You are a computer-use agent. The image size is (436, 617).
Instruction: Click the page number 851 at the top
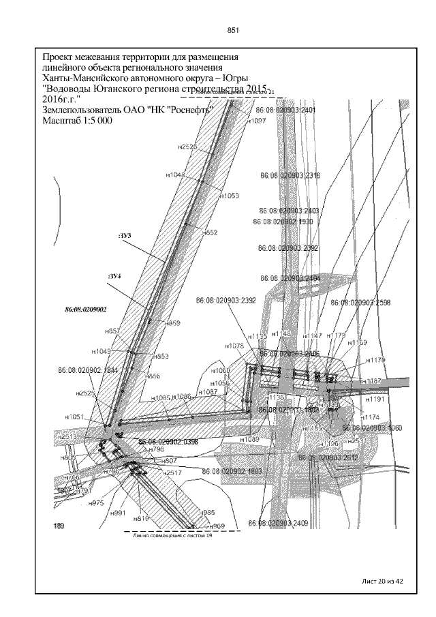click(x=232, y=30)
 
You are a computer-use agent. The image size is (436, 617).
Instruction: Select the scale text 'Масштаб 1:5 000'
click(x=77, y=121)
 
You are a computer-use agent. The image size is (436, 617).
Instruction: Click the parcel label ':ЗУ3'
click(x=124, y=235)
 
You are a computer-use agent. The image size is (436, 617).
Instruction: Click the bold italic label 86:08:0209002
click(x=86, y=309)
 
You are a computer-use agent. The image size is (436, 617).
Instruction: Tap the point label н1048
click(x=176, y=175)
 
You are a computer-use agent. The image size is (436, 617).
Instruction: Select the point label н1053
click(x=229, y=196)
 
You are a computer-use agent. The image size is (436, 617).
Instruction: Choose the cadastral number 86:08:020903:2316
click(x=290, y=175)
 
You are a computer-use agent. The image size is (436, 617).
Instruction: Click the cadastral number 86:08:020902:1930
click(x=283, y=222)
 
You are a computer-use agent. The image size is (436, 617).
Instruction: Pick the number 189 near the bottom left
click(x=59, y=526)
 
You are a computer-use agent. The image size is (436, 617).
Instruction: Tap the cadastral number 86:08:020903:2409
click(x=279, y=524)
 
